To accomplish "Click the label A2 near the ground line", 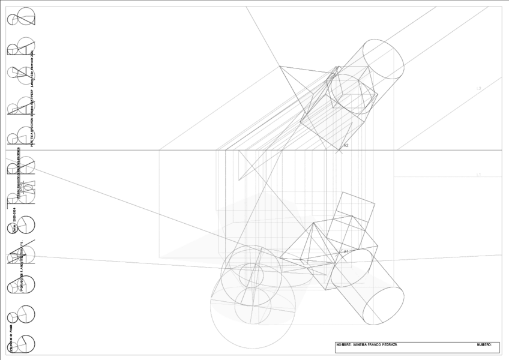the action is (x=346, y=145).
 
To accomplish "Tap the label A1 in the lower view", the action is (x=346, y=251).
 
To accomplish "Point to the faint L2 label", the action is (x=478, y=88).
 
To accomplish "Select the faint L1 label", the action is (x=478, y=175).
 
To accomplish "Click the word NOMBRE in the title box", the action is (x=344, y=345).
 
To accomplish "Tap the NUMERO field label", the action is (x=484, y=345).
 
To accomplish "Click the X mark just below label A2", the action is (x=340, y=151).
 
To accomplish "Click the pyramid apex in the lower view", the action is (x=313, y=223).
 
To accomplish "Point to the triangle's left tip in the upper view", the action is (x=280, y=67).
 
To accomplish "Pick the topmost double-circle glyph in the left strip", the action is (x=22, y=17).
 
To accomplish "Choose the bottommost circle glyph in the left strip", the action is (x=22, y=344).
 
